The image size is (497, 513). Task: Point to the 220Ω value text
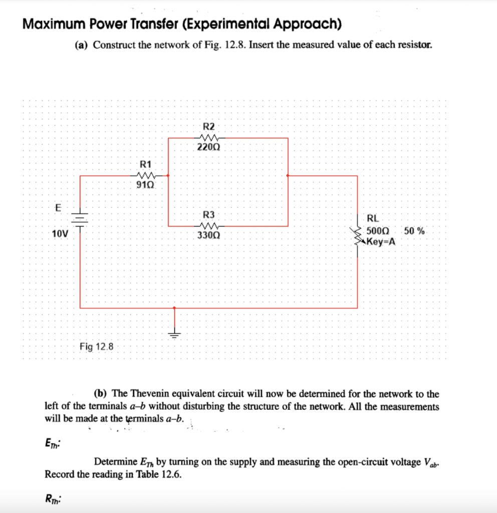point(208,147)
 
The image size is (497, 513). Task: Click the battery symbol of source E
point(80,217)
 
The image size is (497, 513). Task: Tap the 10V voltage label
point(60,233)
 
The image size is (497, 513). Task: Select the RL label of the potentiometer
point(373,218)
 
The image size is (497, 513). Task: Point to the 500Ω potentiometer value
point(377,231)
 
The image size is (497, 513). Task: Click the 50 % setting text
point(415,231)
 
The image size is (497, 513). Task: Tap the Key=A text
point(381,241)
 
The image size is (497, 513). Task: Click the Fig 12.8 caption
point(97,346)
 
